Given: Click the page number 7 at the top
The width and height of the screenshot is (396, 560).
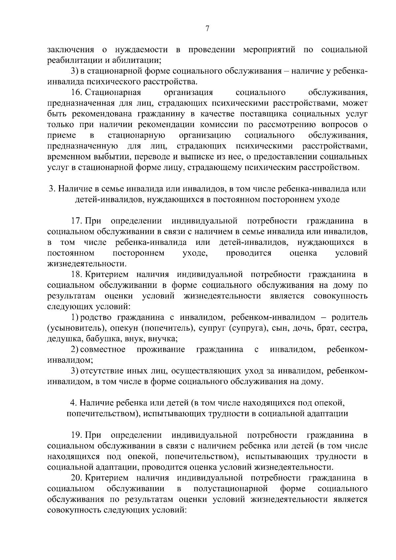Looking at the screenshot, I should click(x=207, y=29).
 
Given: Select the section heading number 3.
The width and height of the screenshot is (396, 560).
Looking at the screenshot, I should click(x=51, y=189).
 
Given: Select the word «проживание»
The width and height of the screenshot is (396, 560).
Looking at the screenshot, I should click(x=161, y=349).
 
